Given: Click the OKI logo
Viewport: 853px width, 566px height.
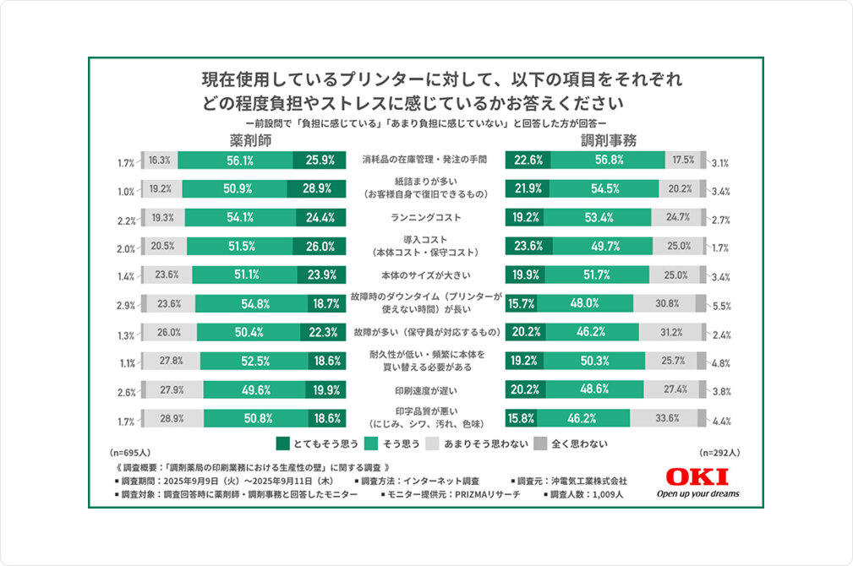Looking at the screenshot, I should (696, 476).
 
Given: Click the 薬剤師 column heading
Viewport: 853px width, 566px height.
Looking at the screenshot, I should (249, 140).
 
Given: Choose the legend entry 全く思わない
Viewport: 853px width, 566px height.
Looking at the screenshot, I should (572, 443).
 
